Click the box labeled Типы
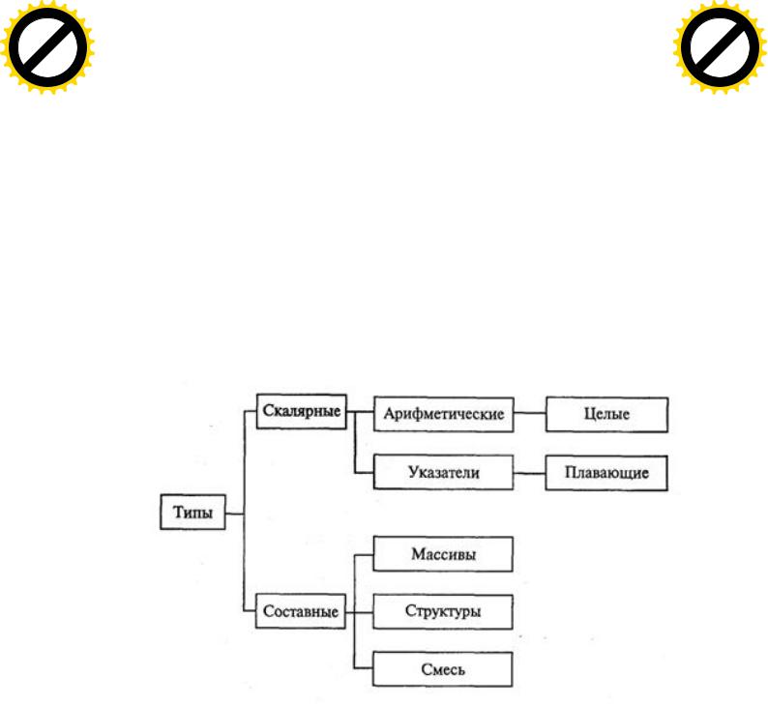pyautogui.click(x=193, y=513)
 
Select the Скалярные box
pyautogui.click(x=302, y=411)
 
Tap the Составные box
pyautogui.click(x=301, y=611)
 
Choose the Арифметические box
pyautogui.click(x=444, y=414)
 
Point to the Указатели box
pyautogui.click(x=444, y=473)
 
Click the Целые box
pyautogui.click(x=606, y=415)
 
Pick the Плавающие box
pyautogui.click(x=606, y=473)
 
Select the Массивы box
pyautogui.click(x=443, y=554)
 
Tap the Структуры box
pyautogui.click(x=443, y=611)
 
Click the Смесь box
pyautogui.click(x=442, y=669)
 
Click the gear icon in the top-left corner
pyautogui.click(x=47, y=47)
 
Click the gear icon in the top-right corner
pyautogui.click(x=720, y=47)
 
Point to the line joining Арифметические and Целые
pyautogui.click(x=530, y=413)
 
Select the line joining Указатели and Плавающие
pyautogui.click(x=529, y=474)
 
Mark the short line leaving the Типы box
pyautogui.click(x=235, y=515)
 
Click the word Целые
pyautogui.click(x=606, y=414)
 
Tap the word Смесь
pyautogui.click(x=443, y=669)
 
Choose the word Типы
pyautogui.click(x=193, y=513)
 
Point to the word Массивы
pyautogui.click(x=443, y=554)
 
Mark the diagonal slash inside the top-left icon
pyautogui.click(x=47, y=47)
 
